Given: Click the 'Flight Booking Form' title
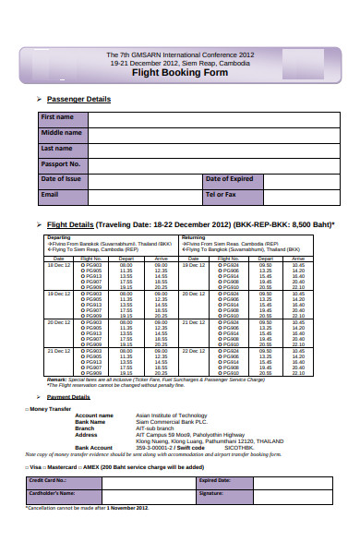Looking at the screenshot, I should click(180, 72).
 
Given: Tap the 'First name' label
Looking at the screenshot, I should click(57, 117).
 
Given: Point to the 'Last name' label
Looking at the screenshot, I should click(57, 148).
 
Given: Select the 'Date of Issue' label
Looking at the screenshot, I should click(61, 178).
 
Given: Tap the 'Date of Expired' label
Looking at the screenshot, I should click(229, 178).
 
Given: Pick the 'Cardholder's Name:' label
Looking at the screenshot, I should click(53, 494).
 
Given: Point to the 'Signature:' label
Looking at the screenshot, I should click(211, 494).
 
